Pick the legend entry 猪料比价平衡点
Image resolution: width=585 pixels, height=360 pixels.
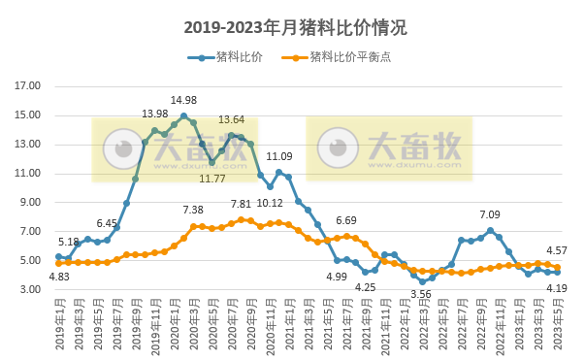coord(350,57)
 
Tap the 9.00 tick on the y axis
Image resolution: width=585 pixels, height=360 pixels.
coord(30,203)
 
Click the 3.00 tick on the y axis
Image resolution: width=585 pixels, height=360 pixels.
coord(30,290)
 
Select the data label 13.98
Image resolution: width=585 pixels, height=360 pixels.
coord(155,115)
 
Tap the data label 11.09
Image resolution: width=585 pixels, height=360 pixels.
coord(279,156)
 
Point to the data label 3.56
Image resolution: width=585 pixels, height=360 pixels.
coord(421,294)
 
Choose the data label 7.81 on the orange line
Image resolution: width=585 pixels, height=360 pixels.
coord(241,205)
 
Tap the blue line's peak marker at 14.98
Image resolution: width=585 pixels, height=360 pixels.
coord(183,116)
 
